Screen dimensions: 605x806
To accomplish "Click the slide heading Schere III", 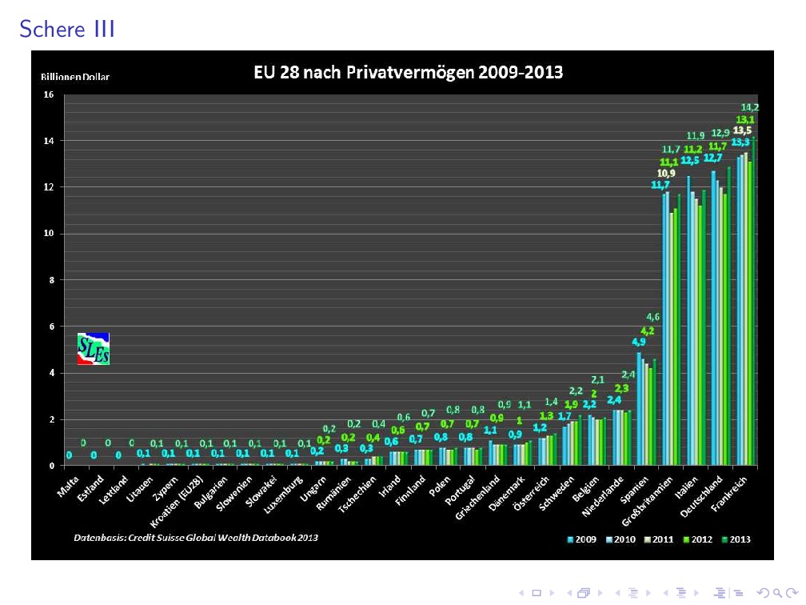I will click(x=68, y=29).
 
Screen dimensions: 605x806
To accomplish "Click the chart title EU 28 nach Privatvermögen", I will click(x=408, y=73).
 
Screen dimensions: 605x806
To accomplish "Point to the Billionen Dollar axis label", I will click(x=75, y=78).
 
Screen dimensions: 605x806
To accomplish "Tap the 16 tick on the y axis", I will click(x=48, y=94).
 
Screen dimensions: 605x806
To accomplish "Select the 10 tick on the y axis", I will click(x=48, y=234).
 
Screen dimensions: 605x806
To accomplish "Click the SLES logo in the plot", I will click(x=94, y=349).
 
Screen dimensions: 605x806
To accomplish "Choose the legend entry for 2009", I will click(x=585, y=539).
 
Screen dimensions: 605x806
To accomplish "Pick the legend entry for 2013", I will click(x=734, y=539).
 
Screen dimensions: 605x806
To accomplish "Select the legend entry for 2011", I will click(x=660, y=539).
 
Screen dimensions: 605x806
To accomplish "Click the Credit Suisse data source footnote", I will click(x=196, y=537).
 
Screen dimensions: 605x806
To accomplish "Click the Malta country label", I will click(x=69, y=487).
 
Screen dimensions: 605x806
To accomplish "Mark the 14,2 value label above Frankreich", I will click(x=750, y=107).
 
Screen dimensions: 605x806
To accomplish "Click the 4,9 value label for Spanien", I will click(x=638, y=342).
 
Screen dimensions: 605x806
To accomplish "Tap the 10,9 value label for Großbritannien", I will click(x=666, y=173).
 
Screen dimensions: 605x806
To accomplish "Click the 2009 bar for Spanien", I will click(x=639, y=409).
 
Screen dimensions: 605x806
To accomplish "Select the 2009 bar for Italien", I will click(x=688, y=320).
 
